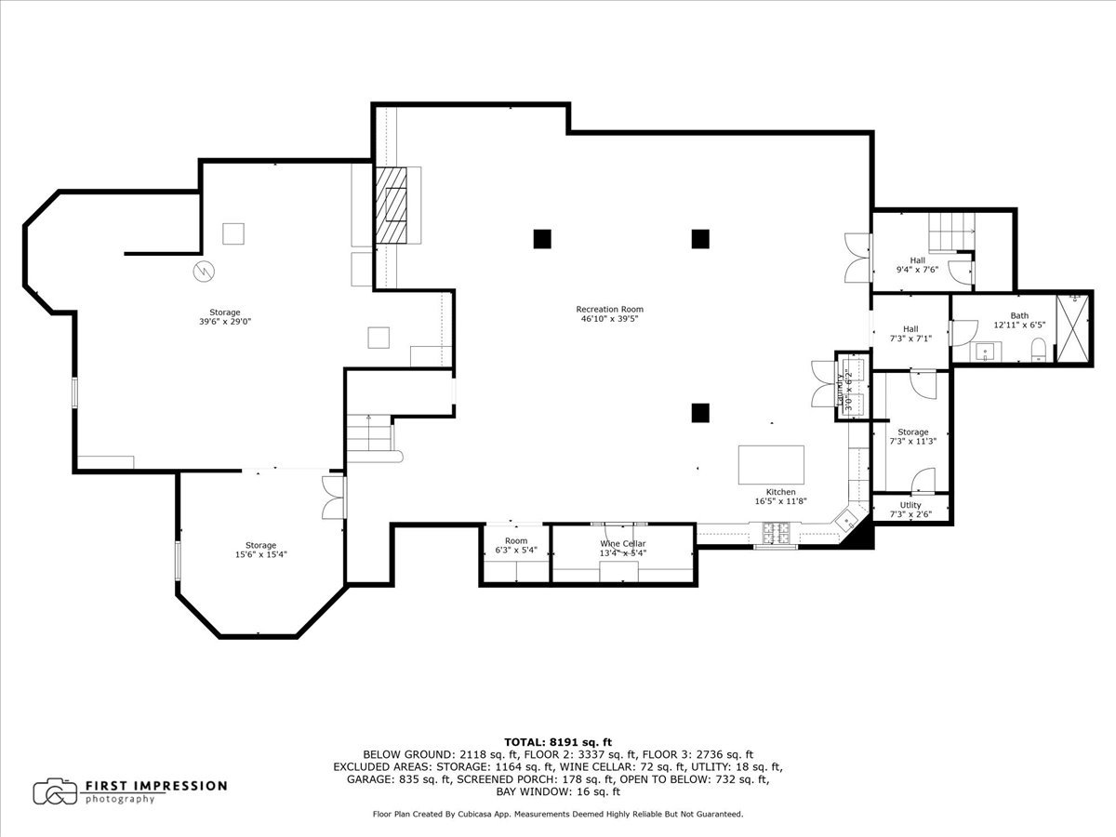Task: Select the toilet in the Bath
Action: (1038, 351)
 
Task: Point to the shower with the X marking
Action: (1073, 329)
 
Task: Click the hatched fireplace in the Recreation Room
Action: (391, 206)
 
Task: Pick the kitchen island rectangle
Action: (771, 465)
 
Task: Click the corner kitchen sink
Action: (846, 521)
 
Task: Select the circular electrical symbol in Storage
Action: (204, 272)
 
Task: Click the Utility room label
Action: (910, 505)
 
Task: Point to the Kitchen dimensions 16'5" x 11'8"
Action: (781, 501)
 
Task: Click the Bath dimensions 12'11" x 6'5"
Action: (1019, 325)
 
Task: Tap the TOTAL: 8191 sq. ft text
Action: (558, 742)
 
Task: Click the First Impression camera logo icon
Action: (54, 791)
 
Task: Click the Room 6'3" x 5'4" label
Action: (516, 545)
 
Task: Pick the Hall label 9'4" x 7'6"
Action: (917, 265)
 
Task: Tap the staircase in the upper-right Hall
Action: (951, 232)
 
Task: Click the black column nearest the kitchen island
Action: (700, 413)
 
